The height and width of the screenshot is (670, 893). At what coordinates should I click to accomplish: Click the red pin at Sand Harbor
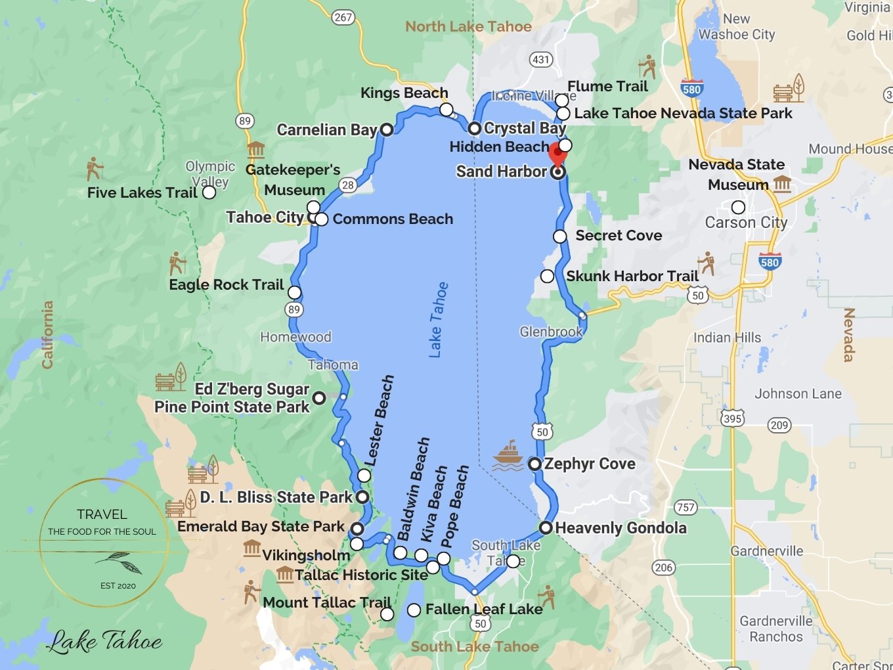[557, 154]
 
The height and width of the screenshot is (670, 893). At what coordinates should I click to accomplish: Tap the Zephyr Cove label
[589, 464]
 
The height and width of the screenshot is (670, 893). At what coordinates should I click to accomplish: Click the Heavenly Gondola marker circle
[546, 527]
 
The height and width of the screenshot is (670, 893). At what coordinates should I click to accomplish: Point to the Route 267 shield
[343, 17]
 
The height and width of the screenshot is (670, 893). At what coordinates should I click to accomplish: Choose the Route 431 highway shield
[540, 60]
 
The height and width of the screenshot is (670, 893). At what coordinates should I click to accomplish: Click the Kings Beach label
[404, 93]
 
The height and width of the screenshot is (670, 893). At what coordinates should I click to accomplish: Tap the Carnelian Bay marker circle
[387, 129]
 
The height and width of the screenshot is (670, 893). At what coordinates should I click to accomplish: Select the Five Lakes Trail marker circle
[209, 192]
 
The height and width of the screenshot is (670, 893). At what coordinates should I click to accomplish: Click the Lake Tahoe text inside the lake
[438, 320]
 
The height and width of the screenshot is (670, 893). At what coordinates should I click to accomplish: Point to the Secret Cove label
[619, 235]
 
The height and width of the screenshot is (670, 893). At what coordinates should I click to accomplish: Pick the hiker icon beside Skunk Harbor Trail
[707, 262]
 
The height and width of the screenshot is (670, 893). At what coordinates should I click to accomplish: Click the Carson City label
[746, 223]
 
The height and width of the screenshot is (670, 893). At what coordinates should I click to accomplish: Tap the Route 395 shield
[732, 418]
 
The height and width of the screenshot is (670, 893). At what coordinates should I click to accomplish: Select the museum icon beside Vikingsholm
[252, 548]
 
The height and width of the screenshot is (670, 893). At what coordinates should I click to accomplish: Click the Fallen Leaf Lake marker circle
[414, 610]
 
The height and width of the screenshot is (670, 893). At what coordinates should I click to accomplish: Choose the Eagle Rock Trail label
[227, 284]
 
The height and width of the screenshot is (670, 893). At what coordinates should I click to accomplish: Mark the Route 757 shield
[685, 507]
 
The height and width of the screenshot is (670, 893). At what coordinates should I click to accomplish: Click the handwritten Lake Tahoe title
[105, 640]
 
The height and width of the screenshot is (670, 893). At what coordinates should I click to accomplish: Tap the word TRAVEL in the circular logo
[102, 514]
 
